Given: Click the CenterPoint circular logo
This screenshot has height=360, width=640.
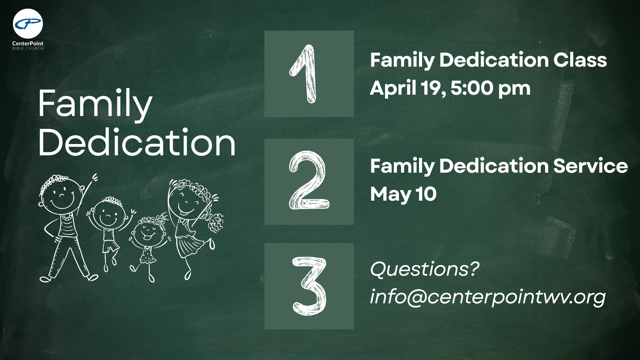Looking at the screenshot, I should click(x=28, y=24).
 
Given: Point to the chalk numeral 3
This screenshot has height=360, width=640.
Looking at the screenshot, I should click(x=309, y=286).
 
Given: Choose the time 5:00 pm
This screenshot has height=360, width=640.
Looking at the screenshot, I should click(x=490, y=88).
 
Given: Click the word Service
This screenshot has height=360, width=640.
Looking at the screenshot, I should click(x=590, y=166).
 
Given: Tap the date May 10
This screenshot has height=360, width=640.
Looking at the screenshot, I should click(x=403, y=194).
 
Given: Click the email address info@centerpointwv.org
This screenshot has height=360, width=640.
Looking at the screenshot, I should click(x=488, y=297).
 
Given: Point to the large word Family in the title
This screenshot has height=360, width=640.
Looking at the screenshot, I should click(x=95, y=104).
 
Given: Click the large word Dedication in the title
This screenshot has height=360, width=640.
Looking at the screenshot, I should click(x=137, y=143).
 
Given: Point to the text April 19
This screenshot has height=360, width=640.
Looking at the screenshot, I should click(x=407, y=88).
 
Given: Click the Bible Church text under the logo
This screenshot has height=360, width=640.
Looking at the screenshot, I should click(x=28, y=48).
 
